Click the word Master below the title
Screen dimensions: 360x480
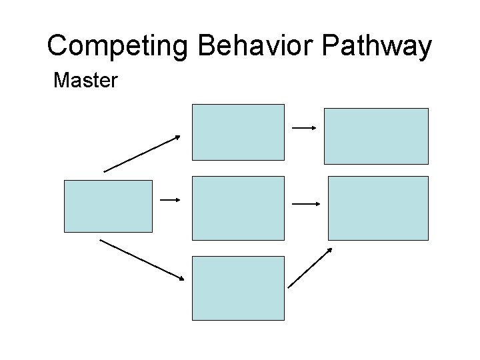(x=85, y=81)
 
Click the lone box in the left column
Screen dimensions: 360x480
(x=108, y=206)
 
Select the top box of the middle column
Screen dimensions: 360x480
(x=238, y=132)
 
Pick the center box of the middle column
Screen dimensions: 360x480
(x=238, y=207)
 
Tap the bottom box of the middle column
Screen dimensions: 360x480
(x=238, y=288)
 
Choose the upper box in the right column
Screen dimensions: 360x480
(x=376, y=136)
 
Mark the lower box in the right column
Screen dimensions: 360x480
(x=378, y=207)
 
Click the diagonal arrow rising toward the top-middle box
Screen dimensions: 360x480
(x=142, y=153)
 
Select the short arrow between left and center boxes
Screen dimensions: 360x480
(x=171, y=199)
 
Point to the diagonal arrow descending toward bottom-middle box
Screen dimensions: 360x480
(x=141, y=259)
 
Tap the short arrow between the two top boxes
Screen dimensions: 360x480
(x=304, y=127)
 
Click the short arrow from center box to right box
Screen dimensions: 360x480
(x=307, y=204)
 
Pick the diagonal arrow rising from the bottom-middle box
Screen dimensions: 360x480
(x=310, y=267)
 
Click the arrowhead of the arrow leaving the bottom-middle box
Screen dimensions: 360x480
(x=329, y=250)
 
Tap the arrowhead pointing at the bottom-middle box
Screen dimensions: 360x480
(x=181, y=278)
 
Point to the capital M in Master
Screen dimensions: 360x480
(x=61, y=81)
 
